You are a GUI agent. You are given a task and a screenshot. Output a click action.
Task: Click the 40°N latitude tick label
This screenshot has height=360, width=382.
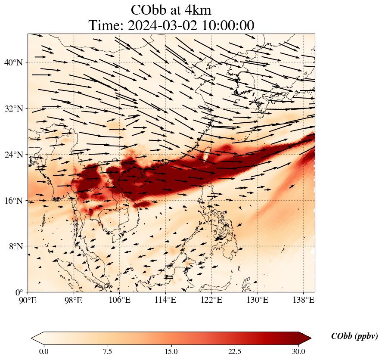pyautogui.click(x=13, y=62)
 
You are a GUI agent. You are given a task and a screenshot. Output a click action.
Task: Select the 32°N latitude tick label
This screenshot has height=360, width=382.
pyautogui.click(x=13, y=109)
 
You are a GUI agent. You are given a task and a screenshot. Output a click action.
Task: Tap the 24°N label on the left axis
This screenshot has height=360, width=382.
pyautogui.click(x=13, y=155)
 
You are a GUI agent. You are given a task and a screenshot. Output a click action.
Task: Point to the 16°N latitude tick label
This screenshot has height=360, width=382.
pyautogui.click(x=13, y=201)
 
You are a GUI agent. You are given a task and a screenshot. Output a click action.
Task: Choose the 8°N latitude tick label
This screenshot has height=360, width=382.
pyautogui.click(x=15, y=246)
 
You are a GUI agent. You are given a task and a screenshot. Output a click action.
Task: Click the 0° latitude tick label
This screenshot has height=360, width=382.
pyautogui.click(x=19, y=292)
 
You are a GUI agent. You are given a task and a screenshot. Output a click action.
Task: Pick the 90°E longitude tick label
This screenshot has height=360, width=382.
pyautogui.click(x=28, y=300)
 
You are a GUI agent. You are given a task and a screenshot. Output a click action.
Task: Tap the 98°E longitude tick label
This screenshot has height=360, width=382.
pyautogui.click(x=74, y=300)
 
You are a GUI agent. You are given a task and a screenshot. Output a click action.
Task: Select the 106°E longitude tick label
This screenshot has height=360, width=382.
pyautogui.click(x=120, y=300)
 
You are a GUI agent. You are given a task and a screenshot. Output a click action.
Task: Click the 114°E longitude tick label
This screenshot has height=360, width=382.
pyautogui.click(x=166, y=300)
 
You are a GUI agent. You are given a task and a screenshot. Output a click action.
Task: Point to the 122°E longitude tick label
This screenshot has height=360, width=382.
pyautogui.click(x=211, y=300)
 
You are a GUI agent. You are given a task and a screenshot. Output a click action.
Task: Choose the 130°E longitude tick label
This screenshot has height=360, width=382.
pyautogui.click(x=258, y=300)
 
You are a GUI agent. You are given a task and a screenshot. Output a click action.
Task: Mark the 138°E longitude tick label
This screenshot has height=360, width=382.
pyautogui.click(x=303, y=300)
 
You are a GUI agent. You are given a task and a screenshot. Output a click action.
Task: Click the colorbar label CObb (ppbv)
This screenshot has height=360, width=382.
pyautogui.click(x=354, y=336)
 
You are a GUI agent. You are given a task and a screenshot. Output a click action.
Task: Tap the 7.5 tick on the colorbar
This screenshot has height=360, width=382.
pyautogui.click(x=108, y=351)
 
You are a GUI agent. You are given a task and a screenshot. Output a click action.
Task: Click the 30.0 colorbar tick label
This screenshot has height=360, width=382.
pyautogui.click(x=298, y=351)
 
